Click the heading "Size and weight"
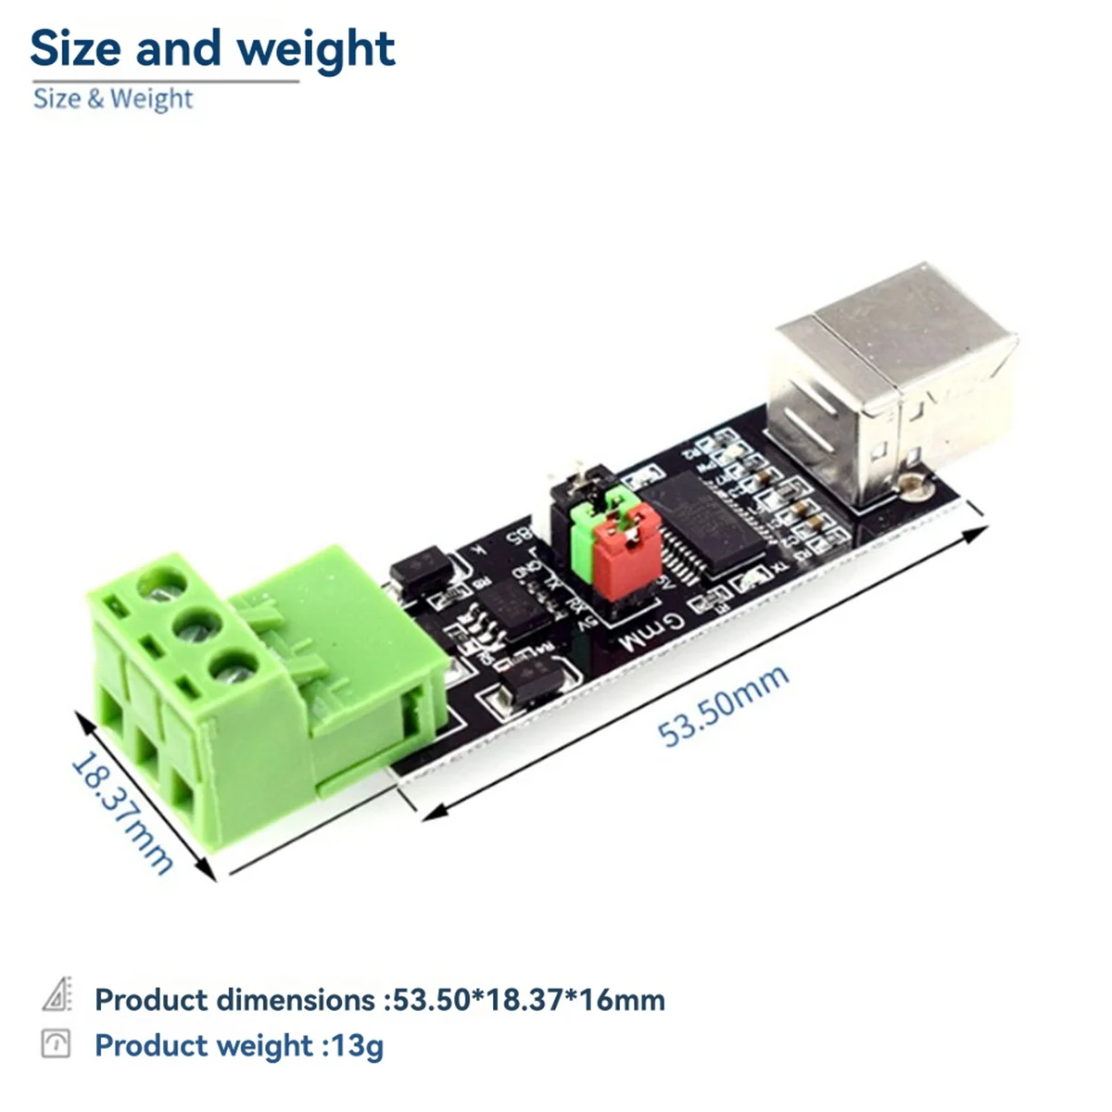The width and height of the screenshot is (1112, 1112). pos(212,48)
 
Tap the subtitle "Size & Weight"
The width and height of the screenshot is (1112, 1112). pos(113,98)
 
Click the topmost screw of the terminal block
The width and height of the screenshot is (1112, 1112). pos(159,587)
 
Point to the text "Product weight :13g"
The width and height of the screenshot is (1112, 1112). pos(238,1045)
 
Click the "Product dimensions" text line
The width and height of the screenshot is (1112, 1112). pos(380,1000)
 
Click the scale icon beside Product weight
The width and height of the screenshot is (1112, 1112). pos(56,1043)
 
